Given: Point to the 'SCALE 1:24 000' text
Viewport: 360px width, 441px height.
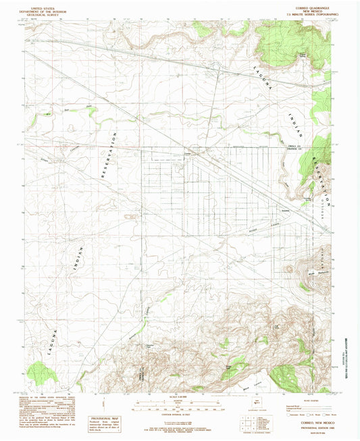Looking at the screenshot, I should (180, 396).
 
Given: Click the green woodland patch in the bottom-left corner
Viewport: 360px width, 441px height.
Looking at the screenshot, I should (41, 372).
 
